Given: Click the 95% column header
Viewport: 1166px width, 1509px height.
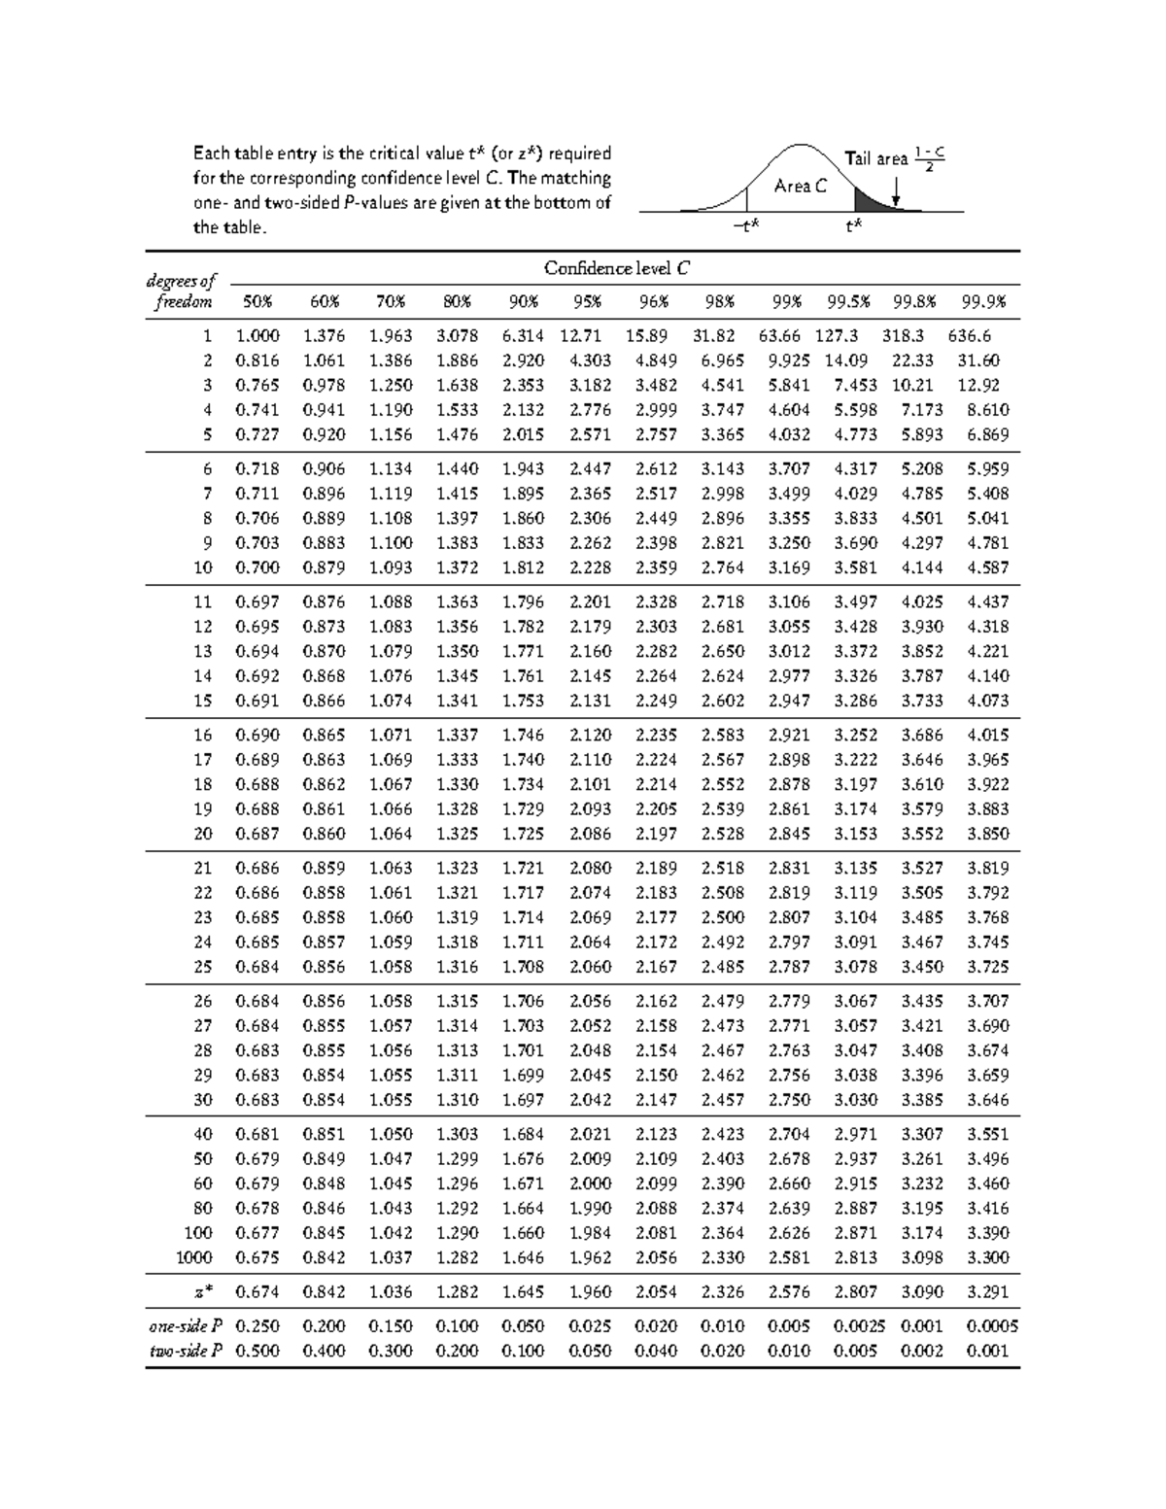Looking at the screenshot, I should click(x=588, y=301).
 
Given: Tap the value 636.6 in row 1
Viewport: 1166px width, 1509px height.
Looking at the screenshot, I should click(x=970, y=336).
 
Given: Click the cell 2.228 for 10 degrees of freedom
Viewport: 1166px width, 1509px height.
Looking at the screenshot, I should click(x=590, y=567).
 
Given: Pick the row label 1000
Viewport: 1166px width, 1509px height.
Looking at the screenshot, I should click(x=193, y=1257).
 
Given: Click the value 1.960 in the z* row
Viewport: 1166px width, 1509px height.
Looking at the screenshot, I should click(x=590, y=1292).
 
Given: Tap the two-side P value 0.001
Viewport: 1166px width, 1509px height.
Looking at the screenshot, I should click(x=987, y=1351).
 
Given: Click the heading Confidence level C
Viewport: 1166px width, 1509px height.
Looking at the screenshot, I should click(x=618, y=268).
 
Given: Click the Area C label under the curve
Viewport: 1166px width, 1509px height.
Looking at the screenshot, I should click(x=801, y=186).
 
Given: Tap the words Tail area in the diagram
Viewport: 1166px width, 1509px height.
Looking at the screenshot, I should click(x=875, y=158).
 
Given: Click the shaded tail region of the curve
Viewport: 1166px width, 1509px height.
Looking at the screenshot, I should click(x=869, y=202).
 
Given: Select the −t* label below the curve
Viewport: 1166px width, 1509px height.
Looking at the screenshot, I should click(x=746, y=226).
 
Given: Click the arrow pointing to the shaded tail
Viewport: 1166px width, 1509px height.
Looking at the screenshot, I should click(x=896, y=195).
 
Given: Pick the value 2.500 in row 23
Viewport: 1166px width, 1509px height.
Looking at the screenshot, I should click(x=723, y=917).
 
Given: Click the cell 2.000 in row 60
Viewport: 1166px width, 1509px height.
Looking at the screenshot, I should click(x=590, y=1183).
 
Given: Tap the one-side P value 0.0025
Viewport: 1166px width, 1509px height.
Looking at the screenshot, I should click(x=859, y=1326).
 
